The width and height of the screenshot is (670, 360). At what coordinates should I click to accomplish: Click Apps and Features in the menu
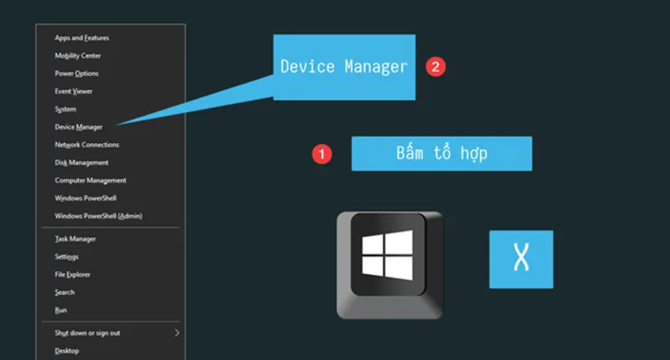(x=81, y=38)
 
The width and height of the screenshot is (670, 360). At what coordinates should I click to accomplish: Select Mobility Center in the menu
(x=78, y=55)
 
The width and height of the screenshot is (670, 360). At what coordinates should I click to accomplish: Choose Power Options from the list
(x=76, y=74)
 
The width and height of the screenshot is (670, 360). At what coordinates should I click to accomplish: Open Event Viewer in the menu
(x=74, y=91)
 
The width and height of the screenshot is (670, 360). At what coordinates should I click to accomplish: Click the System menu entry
(x=65, y=110)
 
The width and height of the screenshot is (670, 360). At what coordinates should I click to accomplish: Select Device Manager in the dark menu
(x=79, y=126)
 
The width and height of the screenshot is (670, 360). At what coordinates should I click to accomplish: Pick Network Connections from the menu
(x=87, y=145)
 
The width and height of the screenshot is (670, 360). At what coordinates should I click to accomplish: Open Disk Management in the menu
(x=81, y=162)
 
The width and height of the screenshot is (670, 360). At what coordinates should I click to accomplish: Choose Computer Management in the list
(x=90, y=180)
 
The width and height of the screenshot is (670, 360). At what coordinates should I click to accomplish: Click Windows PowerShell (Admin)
(x=98, y=216)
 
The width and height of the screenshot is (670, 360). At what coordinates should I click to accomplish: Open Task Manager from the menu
(x=75, y=239)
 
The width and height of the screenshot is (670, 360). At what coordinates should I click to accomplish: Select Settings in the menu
(x=66, y=257)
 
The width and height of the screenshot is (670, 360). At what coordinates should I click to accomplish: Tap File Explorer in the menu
(x=72, y=275)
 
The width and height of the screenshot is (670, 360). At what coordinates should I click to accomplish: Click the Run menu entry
(x=60, y=310)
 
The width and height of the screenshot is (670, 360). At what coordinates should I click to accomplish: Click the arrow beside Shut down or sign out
(x=177, y=332)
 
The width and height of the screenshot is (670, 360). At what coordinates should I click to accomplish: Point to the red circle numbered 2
(x=435, y=67)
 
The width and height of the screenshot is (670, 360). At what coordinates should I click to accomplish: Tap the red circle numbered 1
(x=322, y=154)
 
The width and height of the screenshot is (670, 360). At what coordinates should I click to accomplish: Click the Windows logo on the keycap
(x=388, y=255)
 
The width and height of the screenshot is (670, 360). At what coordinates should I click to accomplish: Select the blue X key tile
(x=521, y=260)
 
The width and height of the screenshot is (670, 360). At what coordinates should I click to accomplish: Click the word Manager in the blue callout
(x=376, y=67)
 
